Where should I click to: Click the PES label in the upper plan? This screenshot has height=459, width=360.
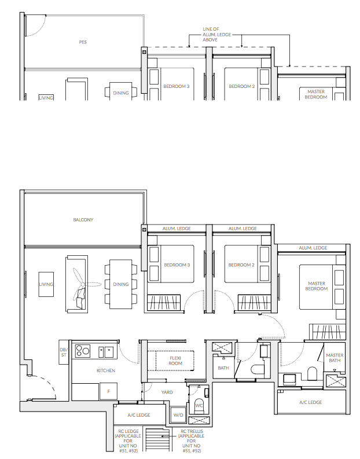(x=83, y=42)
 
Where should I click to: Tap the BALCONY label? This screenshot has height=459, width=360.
(x=83, y=220)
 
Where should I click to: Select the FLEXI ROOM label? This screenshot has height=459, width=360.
(x=175, y=361)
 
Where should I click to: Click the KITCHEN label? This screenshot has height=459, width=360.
(x=106, y=370)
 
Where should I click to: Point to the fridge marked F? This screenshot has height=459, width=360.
(x=109, y=391)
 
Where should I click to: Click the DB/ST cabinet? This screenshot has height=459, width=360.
(x=64, y=352)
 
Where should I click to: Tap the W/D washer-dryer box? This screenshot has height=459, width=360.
(x=178, y=414)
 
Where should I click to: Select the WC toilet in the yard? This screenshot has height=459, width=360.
(x=199, y=405)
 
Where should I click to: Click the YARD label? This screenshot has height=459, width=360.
(x=167, y=392)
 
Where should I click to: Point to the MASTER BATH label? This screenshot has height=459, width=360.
(x=335, y=358)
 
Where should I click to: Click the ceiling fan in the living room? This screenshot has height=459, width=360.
(x=84, y=284)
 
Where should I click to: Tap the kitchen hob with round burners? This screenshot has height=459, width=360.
(x=83, y=351)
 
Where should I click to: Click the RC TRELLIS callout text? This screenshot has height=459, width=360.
(x=192, y=441)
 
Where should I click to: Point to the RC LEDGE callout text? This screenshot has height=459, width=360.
(x=128, y=441)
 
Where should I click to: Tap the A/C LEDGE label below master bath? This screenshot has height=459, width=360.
(x=311, y=402)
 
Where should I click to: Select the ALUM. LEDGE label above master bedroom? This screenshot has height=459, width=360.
(x=313, y=248)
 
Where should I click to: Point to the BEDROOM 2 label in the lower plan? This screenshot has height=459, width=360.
(x=241, y=265)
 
